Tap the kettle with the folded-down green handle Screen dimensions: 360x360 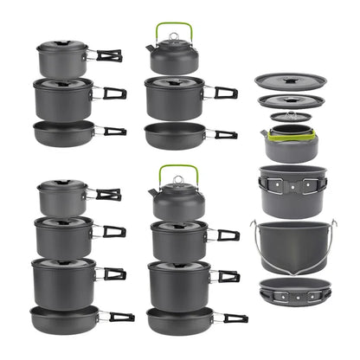[x=290, y=142]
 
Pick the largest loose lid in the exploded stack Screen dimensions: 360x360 [x=291, y=81]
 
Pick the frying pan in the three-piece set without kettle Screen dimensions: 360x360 [x=65, y=132]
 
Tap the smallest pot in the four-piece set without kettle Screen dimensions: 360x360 [x=62, y=198]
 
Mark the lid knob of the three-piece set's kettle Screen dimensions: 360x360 [x=173, y=36]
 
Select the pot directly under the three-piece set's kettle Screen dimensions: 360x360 [x=175, y=96]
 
